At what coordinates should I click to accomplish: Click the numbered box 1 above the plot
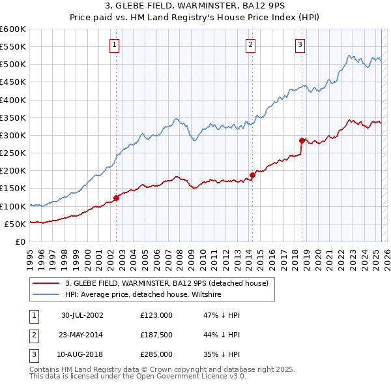click(114, 45)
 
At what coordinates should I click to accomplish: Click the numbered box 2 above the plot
click(250, 45)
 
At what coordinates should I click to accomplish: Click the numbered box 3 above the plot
click(300, 45)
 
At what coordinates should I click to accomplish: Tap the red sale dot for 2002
click(117, 198)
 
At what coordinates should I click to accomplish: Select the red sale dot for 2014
click(252, 175)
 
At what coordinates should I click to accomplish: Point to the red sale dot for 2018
click(302, 140)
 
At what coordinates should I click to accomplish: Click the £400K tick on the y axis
click(13, 100)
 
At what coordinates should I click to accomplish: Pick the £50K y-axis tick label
click(15, 224)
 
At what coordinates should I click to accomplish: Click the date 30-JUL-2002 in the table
click(82, 315)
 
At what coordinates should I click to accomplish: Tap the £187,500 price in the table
click(156, 335)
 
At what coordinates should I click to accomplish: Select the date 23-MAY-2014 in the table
click(82, 335)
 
